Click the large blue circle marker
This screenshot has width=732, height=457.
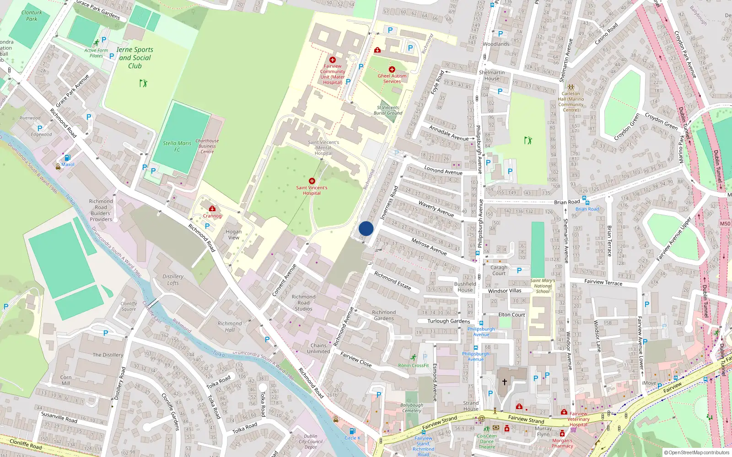366,228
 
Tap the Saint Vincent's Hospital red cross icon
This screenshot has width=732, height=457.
312,181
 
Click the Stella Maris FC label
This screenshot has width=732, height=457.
177,146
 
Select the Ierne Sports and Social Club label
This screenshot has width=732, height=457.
135,58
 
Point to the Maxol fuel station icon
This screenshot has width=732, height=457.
67,158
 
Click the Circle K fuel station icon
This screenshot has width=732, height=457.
352,431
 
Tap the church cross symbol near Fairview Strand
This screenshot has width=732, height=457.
505,382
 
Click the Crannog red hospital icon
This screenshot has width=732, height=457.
212,209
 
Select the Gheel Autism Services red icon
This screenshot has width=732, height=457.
392,69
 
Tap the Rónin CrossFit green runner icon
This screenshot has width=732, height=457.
414,357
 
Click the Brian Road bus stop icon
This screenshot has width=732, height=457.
587,202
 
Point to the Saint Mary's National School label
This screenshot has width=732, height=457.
543,286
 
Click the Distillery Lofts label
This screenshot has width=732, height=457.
173,279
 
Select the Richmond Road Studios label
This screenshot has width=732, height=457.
304,303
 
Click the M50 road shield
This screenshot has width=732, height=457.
725,223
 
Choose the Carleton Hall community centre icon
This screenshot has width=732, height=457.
571,87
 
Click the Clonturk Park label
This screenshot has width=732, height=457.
32,16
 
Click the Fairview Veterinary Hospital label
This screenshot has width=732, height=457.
578,419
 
